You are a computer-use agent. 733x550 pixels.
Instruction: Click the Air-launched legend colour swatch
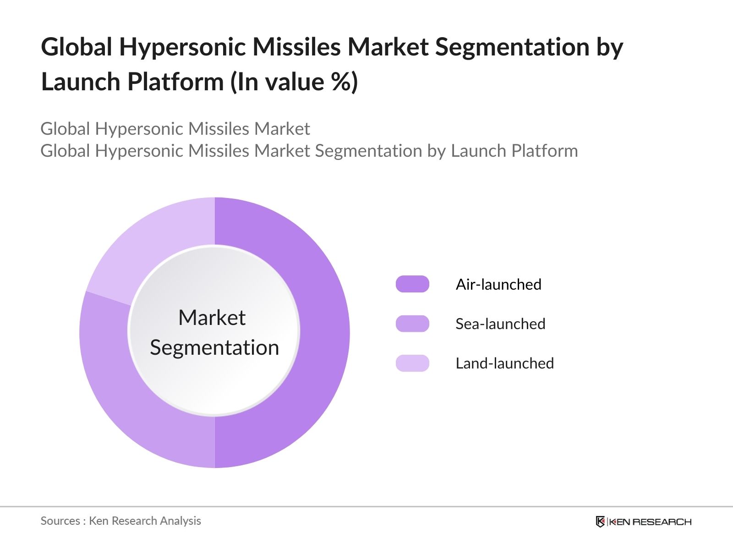(412, 284)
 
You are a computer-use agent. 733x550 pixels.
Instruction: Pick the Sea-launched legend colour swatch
(412, 324)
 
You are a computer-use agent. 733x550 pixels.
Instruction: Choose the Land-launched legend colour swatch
(412, 363)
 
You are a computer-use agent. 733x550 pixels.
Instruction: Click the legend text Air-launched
(498, 284)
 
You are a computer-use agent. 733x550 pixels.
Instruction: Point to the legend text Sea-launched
(500, 324)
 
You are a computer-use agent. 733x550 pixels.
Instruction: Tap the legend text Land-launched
(504, 363)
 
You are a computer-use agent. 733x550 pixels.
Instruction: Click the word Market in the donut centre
(212, 318)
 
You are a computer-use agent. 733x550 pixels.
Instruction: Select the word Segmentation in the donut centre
(214, 347)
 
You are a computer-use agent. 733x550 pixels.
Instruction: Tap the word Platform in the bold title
(175, 82)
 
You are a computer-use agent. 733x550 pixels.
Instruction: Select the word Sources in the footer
(60, 521)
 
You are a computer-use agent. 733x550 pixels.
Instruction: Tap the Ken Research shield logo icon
(600, 522)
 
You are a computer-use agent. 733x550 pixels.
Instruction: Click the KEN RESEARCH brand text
(651, 522)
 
